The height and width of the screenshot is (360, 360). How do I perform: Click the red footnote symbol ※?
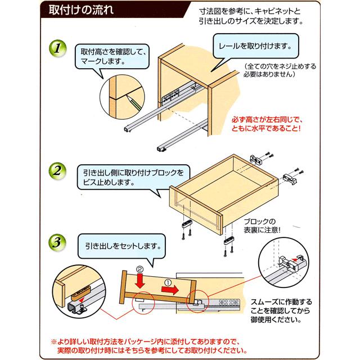tap(55, 341)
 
